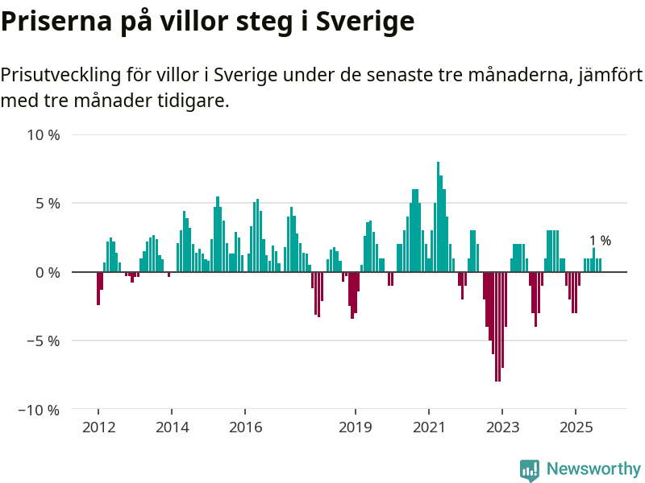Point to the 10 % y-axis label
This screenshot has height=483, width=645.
(x=44, y=134)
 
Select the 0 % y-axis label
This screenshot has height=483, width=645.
(x=48, y=272)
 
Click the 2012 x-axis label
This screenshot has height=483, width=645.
(x=98, y=427)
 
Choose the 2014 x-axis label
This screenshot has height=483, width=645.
(x=172, y=427)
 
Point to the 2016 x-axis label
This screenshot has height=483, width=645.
(x=245, y=427)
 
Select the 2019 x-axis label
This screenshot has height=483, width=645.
(x=356, y=427)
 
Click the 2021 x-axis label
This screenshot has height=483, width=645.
(x=429, y=427)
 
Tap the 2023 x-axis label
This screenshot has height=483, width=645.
(x=502, y=427)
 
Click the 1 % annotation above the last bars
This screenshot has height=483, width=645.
(x=600, y=240)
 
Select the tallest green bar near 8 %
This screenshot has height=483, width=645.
(x=438, y=217)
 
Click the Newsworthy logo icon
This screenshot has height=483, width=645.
(x=530, y=470)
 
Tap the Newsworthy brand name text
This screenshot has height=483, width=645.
(x=593, y=469)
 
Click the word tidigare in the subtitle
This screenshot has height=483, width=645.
(x=189, y=101)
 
